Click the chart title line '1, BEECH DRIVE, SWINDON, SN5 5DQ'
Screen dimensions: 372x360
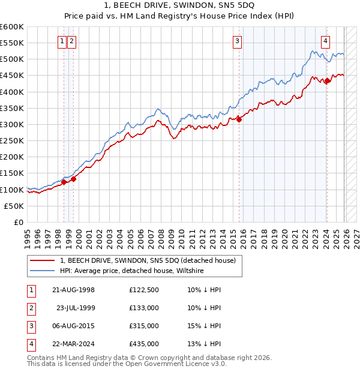pos(179,5)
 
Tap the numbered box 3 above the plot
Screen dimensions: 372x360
pos(238,41)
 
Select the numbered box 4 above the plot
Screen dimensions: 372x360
pos(325,41)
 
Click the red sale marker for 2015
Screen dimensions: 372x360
pos(239,119)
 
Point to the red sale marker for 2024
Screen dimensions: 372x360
pos(327,81)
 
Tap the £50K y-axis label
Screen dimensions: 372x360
pos(13,206)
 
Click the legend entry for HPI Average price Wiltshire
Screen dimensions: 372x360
pos(132,271)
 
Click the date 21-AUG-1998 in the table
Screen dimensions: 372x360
pos(74,290)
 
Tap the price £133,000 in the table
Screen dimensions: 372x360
pos(144,308)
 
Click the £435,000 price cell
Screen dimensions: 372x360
pos(144,344)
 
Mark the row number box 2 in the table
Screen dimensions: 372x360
pos(30,308)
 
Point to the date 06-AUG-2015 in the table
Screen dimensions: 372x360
pos(74,326)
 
